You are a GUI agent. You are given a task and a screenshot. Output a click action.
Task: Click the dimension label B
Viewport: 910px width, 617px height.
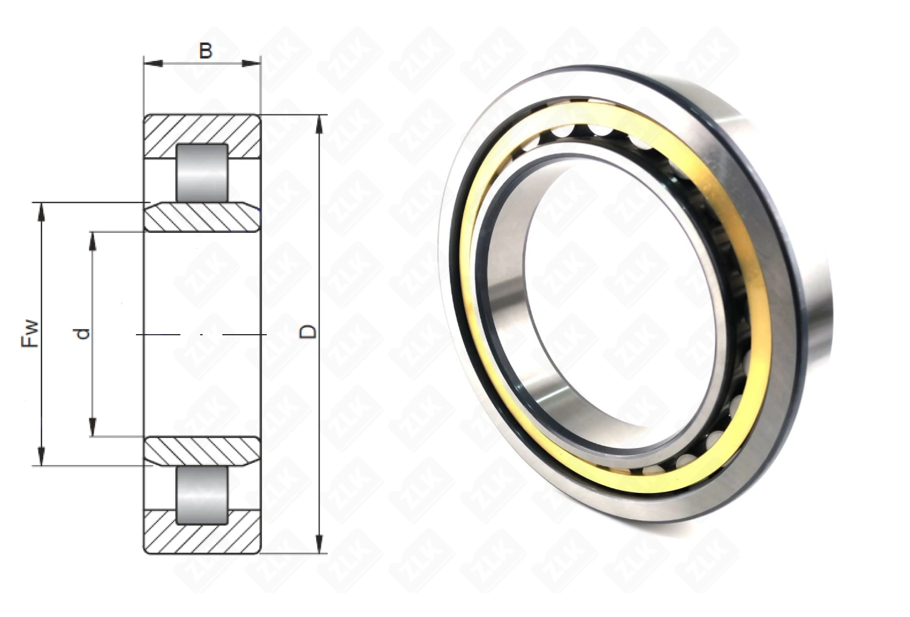205,51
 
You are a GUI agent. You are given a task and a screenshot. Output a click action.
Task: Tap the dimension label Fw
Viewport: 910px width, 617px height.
30,334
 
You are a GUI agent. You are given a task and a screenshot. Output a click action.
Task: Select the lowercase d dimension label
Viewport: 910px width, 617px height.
82,334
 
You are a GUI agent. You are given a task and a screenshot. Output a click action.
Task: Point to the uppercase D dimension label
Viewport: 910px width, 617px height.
308,332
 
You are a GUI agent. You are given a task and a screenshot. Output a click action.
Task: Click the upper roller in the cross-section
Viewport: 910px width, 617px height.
202,173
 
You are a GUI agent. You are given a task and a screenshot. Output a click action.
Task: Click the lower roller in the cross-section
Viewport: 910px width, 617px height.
202,495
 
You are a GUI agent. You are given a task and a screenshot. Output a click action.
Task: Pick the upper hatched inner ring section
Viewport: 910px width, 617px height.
202,217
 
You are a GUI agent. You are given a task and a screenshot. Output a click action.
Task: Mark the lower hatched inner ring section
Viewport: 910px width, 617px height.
202,451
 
